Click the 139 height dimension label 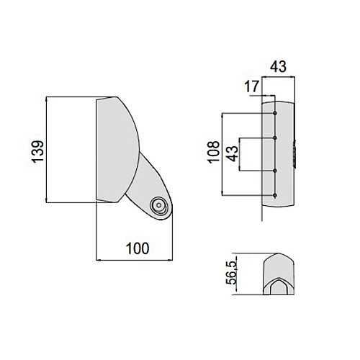[38, 152]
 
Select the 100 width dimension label [138, 248]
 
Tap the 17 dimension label [252, 86]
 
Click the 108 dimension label [214, 152]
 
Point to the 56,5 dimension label [232, 273]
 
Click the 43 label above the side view [278, 66]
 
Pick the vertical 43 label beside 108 [233, 154]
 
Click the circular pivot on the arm [158, 205]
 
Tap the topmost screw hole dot [275, 113]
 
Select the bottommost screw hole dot [275, 195]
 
